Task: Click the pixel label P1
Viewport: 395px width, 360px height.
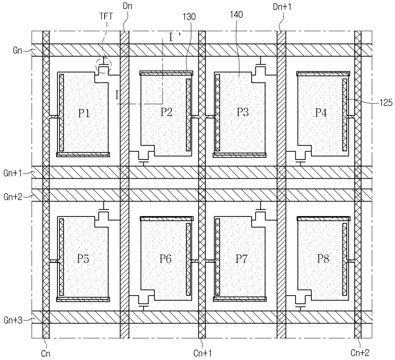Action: [84, 113]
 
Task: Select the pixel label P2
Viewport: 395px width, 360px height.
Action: [166, 112]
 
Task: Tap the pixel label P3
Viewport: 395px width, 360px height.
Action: [243, 112]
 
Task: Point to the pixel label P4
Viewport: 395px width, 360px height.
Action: [321, 113]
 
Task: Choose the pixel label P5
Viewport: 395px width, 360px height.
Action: [83, 259]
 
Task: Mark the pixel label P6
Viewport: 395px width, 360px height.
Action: [166, 259]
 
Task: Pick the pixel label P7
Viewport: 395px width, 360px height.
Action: [241, 259]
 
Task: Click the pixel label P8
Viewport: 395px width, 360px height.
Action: [323, 259]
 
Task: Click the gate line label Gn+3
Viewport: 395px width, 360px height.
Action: [13, 320]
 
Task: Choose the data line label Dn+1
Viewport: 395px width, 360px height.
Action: [282, 7]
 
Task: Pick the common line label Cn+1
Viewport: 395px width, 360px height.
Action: [203, 353]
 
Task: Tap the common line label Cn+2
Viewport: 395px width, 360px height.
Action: [360, 352]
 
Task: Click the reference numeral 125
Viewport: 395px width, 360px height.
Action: [386, 102]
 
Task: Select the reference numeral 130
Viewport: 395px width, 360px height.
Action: [189, 17]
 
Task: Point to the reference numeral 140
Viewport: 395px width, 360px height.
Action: [236, 14]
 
